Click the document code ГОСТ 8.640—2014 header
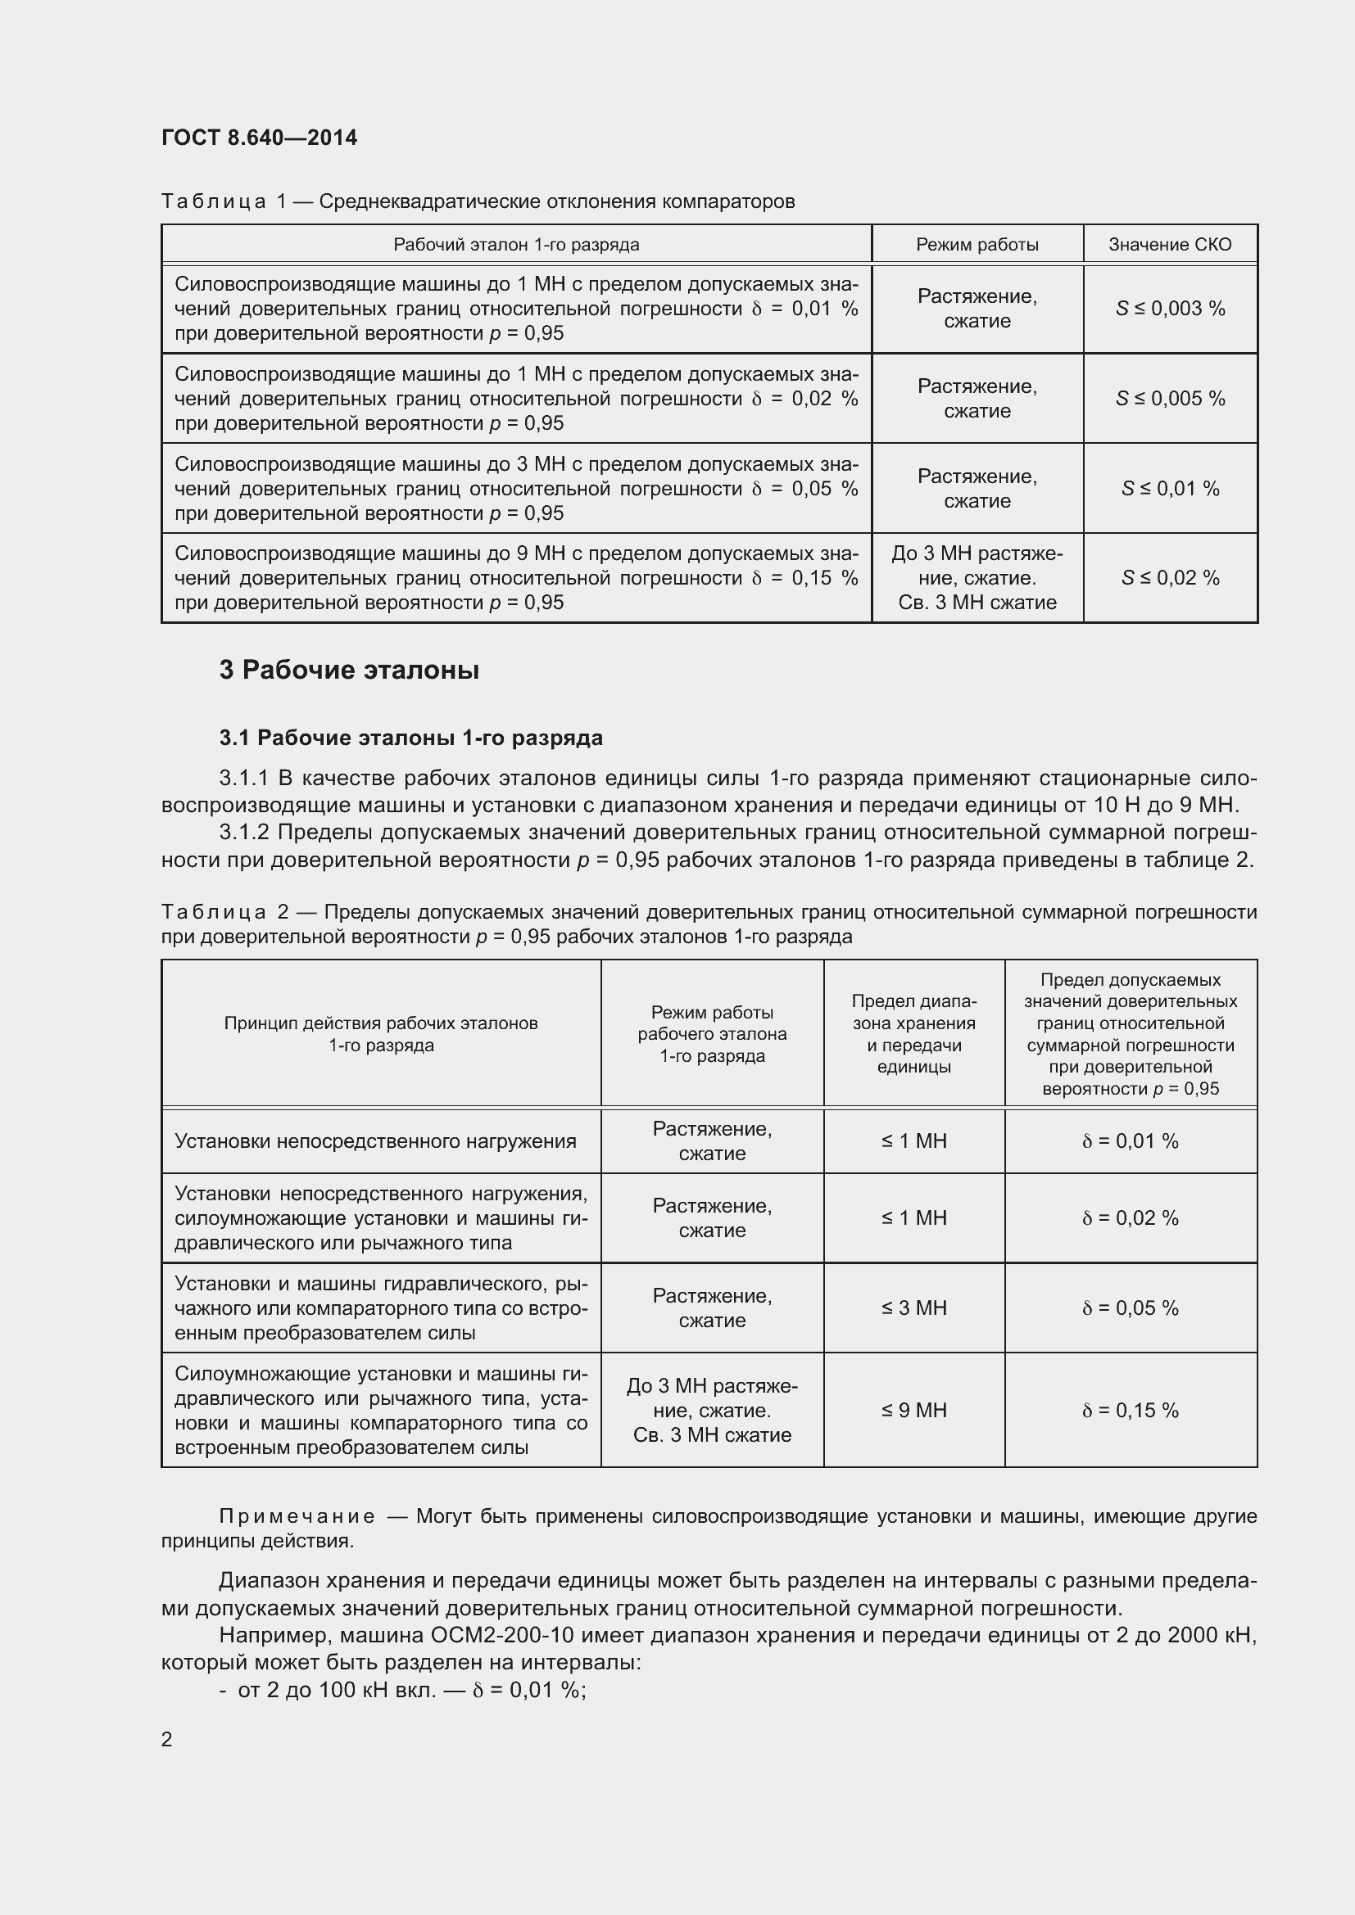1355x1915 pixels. (x=259, y=138)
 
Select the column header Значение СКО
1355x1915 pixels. (x=1169, y=244)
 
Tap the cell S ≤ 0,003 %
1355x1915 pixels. (x=1170, y=309)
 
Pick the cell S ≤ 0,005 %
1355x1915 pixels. (x=1170, y=399)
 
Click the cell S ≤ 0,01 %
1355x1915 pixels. (x=1170, y=489)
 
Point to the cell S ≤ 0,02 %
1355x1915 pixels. (x=1170, y=578)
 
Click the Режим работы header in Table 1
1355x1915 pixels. (x=977, y=244)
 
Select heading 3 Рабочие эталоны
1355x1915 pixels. (x=349, y=670)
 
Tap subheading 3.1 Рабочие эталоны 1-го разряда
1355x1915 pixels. (x=410, y=738)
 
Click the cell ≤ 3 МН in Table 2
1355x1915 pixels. (x=913, y=1308)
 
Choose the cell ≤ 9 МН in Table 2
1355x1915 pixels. (x=913, y=1411)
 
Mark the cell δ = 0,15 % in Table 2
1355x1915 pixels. (x=1130, y=1411)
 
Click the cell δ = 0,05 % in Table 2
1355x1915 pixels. (x=1130, y=1308)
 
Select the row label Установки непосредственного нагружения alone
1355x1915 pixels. (x=375, y=1141)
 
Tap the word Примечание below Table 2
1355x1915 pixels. (x=297, y=1516)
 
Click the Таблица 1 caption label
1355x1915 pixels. (x=223, y=202)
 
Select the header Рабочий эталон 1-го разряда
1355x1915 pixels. (x=515, y=244)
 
